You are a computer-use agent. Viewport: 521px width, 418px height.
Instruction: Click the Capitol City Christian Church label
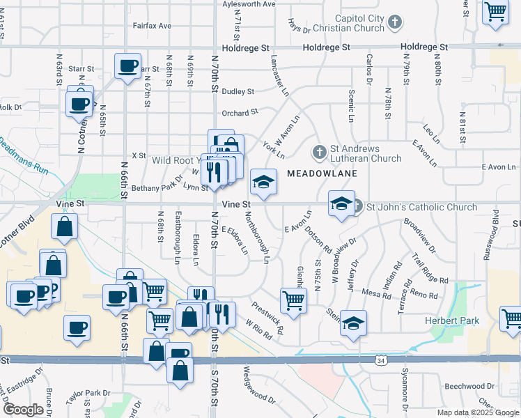click(x=339, y=23)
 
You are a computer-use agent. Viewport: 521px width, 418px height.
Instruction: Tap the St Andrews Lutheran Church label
click(x=356, y=153)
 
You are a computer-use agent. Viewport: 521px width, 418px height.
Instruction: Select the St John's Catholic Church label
click(x=422, y=207)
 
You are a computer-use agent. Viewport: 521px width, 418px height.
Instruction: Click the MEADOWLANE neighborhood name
click(x=322, y=173)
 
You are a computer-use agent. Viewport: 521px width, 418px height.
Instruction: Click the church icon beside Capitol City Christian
click(x=395, y=22)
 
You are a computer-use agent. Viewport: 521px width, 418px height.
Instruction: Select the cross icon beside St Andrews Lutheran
click(x=319, y=150)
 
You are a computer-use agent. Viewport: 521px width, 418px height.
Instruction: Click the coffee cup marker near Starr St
click(x=127, y=66)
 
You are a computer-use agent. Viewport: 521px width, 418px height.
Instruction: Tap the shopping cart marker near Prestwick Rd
click(x=293, y=301)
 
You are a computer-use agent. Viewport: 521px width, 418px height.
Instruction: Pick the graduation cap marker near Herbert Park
click(x=354, y=323)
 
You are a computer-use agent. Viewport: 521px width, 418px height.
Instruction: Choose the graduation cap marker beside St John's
click(x=341, y=203)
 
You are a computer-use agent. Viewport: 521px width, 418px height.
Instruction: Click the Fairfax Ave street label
click(x=152, y=26)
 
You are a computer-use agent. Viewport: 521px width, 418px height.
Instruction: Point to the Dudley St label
click(x=238, y=91)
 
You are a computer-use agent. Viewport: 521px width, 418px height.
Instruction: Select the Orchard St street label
click(x=240, y=112)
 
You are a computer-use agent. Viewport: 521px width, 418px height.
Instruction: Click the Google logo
click(x=24, y=410)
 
